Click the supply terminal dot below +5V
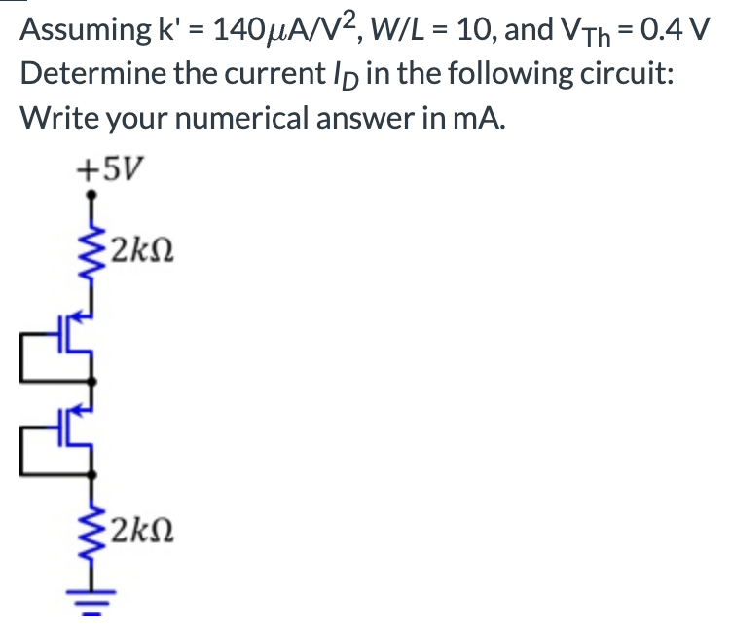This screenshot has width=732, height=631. [x=94, y=198]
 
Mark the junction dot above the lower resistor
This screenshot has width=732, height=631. [x=94, y=474]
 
